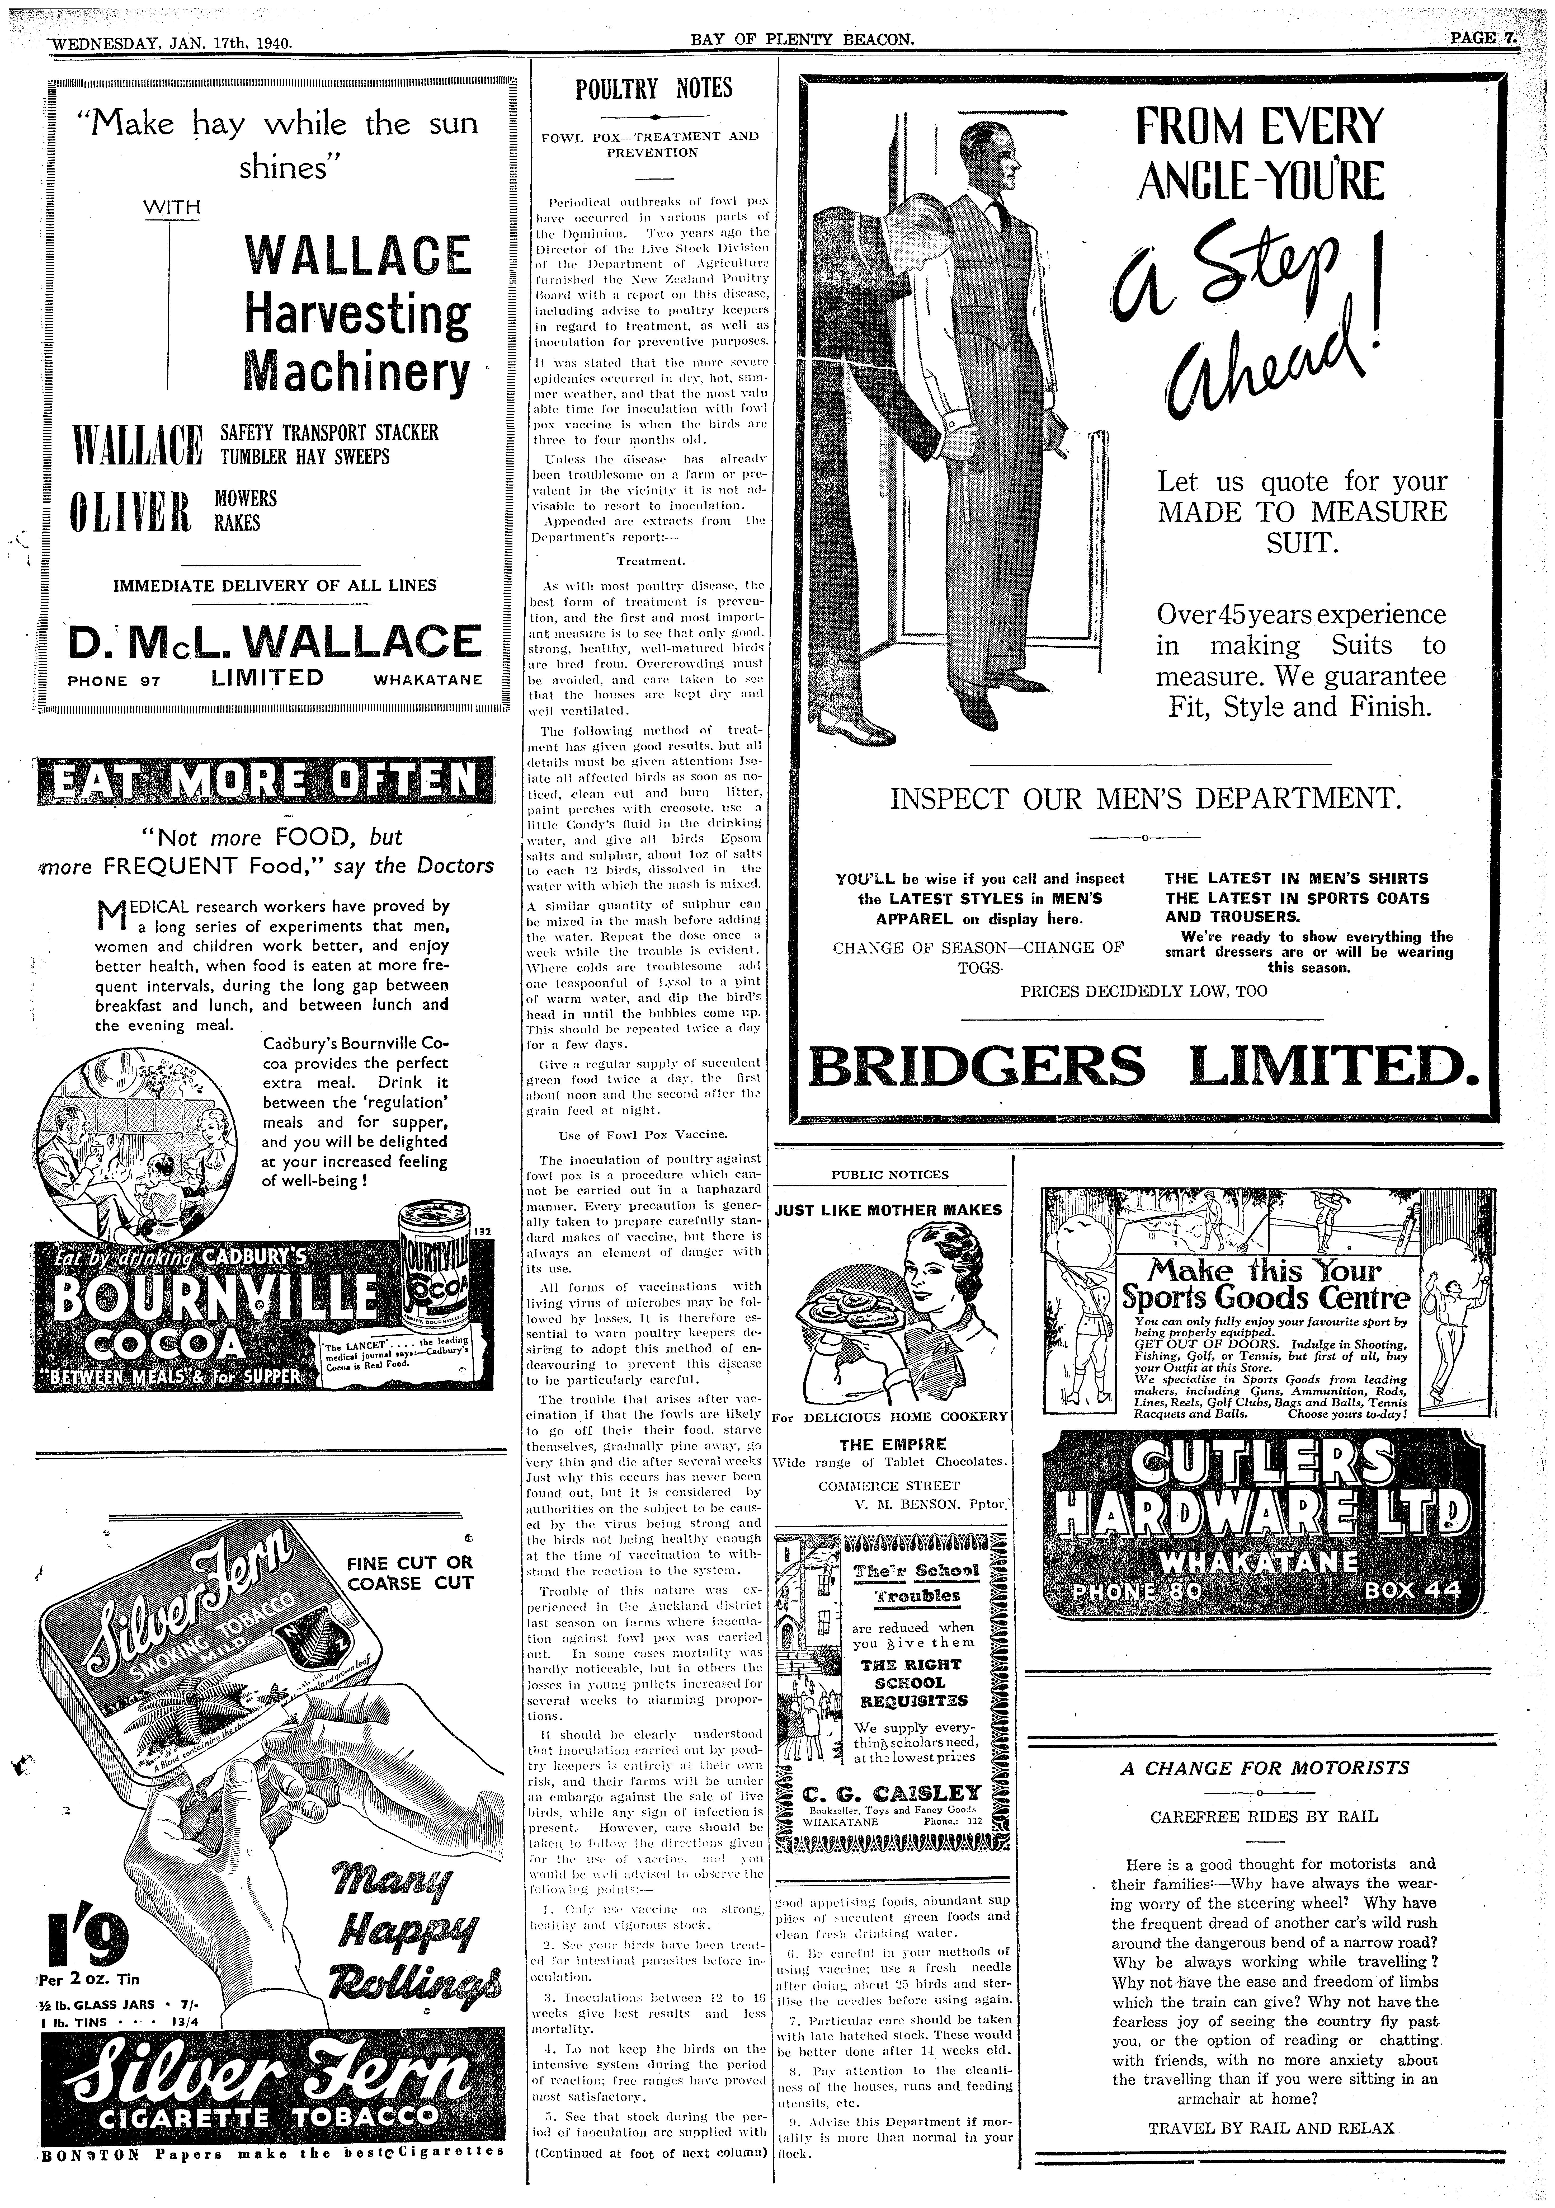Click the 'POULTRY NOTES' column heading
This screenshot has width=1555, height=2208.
tap(653, 90)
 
